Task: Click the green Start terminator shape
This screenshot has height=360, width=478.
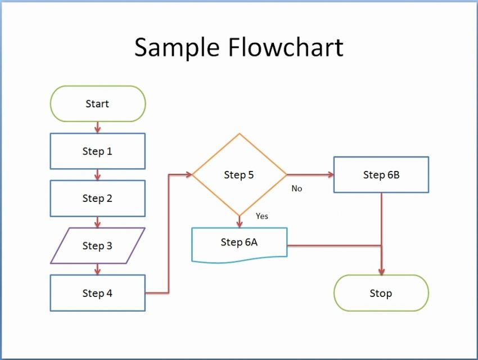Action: [98, 104]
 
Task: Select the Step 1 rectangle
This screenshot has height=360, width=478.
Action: [98, 151]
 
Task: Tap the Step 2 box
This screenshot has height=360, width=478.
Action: [98, 199]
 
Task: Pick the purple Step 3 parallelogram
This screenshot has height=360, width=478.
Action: [98, 246]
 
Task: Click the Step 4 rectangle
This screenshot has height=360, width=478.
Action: [98, 293]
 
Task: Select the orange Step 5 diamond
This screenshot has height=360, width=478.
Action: [240, 175]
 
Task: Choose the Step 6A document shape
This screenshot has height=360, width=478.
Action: [240, 243]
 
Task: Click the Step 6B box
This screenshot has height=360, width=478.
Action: [381, 175]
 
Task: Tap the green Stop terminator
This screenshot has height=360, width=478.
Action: [381, 293]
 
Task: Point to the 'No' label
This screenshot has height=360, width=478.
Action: [297, 189]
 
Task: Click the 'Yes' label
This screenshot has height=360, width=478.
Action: [262, 216]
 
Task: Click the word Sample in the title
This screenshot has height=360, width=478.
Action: [176, 48]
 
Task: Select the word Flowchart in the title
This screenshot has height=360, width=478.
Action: [285, 48]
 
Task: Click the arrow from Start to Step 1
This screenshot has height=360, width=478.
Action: [98, 128]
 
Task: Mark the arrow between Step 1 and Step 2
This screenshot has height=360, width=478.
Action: [98, 175]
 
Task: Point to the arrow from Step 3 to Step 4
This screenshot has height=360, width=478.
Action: [98, 269]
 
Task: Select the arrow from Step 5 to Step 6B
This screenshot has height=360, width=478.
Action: [310, 175]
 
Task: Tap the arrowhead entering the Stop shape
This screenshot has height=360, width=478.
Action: [381, 272]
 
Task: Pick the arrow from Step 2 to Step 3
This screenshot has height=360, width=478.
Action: [98, 222]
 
